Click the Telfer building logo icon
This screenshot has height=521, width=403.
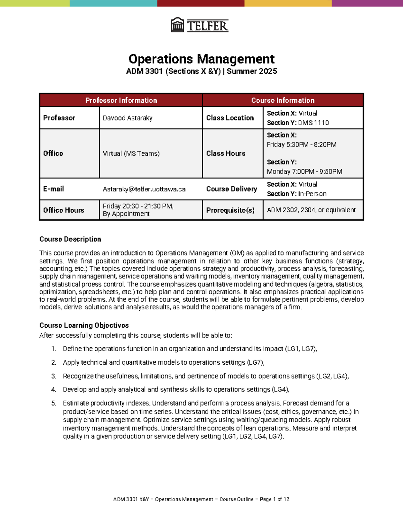pos(177,25)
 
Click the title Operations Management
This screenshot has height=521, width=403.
pos(201,59)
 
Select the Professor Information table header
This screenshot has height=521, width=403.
pos(121,100)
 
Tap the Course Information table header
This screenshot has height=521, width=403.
pos(283,100)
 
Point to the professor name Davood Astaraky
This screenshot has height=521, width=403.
pos(128,118)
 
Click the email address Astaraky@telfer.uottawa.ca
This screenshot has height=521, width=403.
pos(144,189)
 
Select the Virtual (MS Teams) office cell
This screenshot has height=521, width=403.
pos(131,154)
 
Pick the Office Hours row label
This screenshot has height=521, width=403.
pos(63,210)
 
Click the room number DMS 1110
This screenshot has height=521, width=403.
pos(313,123)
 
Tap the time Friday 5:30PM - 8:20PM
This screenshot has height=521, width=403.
pos(302,145)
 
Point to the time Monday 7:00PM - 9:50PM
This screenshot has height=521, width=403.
pos(304,171)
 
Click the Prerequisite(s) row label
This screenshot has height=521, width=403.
pos(230,210)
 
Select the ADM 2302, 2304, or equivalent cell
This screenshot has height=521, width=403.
pos(311,210)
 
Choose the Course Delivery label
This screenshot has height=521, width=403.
pos(231,189)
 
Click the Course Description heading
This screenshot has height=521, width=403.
pos(70,239)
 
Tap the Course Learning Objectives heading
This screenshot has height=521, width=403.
pos(84,325)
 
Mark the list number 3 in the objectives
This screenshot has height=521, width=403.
pos(53,376)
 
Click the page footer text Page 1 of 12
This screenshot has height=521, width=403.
pos(274,499)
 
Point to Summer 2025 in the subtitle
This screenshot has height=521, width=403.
pos(252,71)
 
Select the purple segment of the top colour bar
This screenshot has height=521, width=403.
pos(367,3)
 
